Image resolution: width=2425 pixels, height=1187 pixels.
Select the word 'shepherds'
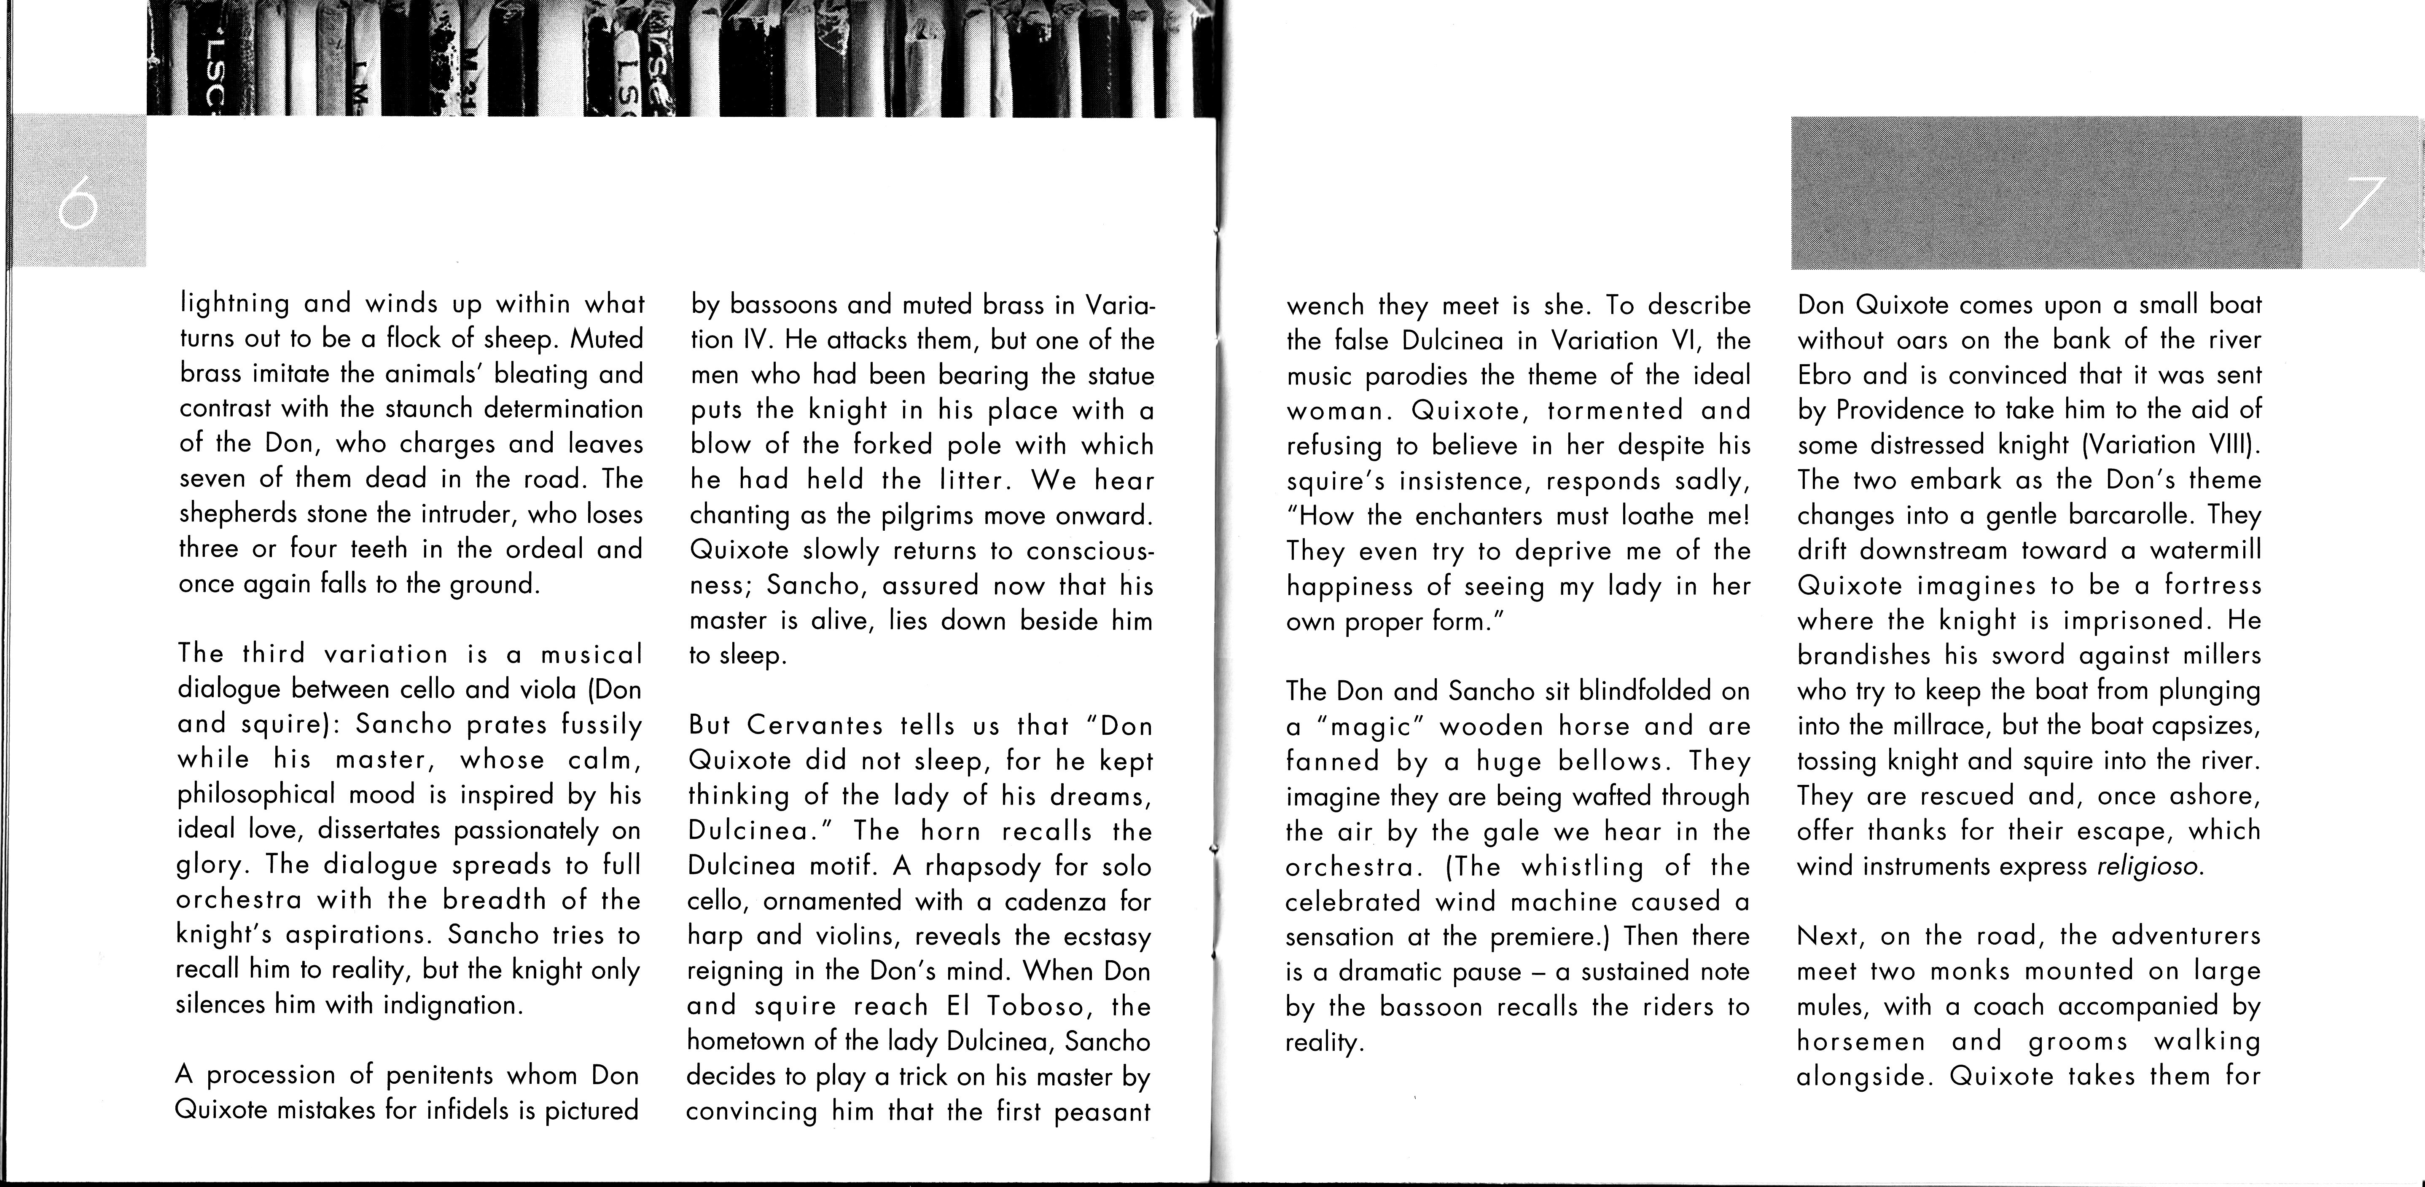point(234,514)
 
